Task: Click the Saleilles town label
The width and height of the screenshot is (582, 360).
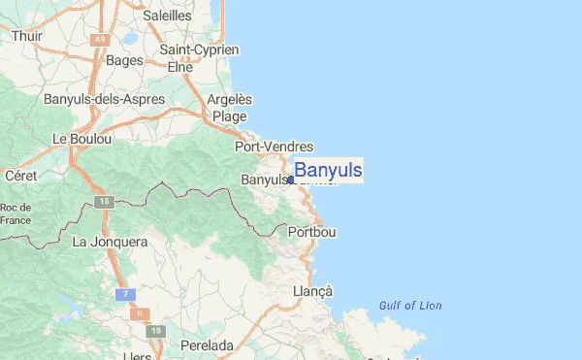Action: point(168,16)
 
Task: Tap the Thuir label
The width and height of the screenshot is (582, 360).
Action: point(27,36)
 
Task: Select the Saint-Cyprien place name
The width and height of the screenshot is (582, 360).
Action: point(199,49)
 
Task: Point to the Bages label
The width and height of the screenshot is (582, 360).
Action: point(124,60)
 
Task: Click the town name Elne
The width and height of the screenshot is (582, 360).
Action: point(180,67)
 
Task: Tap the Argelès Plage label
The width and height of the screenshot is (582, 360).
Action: point(231,108)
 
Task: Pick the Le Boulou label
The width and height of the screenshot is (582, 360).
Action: point(82,139)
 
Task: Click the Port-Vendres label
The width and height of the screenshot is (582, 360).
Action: point(274,147)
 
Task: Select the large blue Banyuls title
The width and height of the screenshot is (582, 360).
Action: point(328,171)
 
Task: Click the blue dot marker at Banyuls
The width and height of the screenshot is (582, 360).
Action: point(290,180)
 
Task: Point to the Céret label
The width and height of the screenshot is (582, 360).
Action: point(19,176)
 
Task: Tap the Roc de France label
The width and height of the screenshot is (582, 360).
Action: point(16,213)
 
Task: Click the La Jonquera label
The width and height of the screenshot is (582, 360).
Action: point(110,242)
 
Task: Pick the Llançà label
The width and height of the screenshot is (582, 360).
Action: point(312,291)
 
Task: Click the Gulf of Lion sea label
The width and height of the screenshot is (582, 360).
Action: point(410,306)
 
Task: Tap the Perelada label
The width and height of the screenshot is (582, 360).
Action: point(207,345)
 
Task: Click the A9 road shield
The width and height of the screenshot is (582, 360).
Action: point(99,40)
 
